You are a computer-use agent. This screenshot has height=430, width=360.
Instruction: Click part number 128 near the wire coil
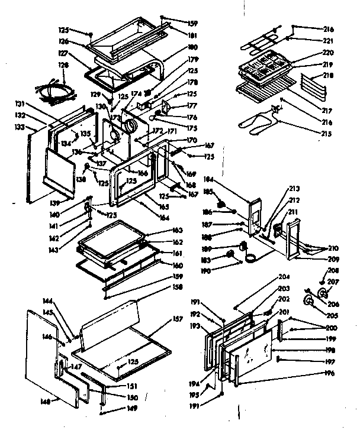[63, 65]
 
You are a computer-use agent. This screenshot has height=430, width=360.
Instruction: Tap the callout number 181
[192, 35]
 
